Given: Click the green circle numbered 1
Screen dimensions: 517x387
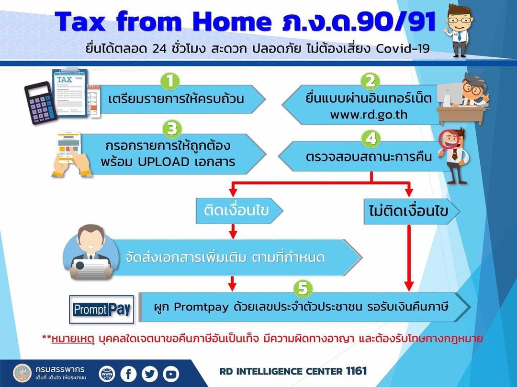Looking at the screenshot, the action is (170, 81).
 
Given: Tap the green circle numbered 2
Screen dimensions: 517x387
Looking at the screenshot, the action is (370, 81).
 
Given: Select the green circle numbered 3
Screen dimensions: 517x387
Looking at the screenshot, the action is (172, 129).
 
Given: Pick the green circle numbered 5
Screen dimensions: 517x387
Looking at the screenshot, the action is (303, 289).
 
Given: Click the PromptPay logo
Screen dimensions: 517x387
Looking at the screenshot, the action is (101, 309).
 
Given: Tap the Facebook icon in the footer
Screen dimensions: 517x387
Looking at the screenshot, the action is (128, 374).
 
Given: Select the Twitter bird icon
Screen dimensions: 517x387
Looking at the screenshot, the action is (150, 374).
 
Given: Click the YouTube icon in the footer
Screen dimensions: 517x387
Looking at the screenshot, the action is (171, 374).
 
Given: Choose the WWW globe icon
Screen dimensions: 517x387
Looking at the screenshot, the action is (107, 374).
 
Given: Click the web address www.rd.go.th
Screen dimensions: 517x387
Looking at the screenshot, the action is (369, 115).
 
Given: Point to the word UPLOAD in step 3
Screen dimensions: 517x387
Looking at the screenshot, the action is (164, 161).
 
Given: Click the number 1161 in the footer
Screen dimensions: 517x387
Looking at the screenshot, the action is (357, 371).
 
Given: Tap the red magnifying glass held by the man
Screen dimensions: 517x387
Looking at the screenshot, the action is (449, 140).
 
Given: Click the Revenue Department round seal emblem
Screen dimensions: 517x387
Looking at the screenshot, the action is (22, 373).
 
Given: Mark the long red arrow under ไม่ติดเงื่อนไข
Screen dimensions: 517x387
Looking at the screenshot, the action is (409, 258).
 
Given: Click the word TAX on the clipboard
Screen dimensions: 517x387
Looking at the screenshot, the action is (64, 79).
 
